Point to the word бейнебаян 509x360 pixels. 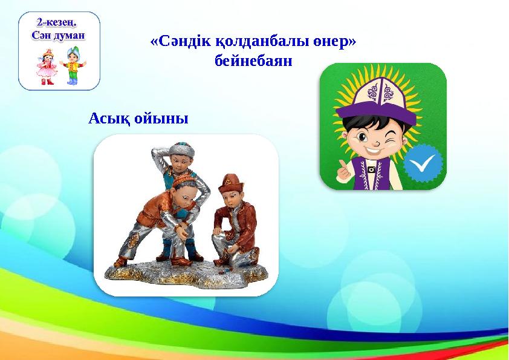pyautogui.click(x=253, y=61)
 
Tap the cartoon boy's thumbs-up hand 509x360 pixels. pyautogui.click(x=345, y=171)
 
